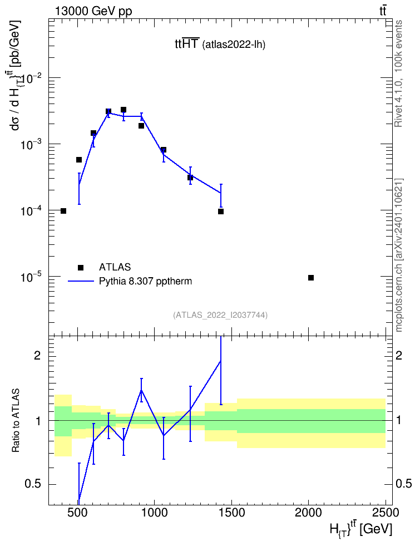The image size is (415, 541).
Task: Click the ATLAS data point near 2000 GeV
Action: pyautogui.click(x=311, y=278)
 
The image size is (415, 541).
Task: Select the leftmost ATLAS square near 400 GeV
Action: pyautogui.click(x=63, y=211)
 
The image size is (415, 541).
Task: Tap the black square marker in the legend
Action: pyautogui.click(x=81, y=267)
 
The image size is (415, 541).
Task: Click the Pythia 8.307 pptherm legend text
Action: pyautogui.click(x=145, y=281)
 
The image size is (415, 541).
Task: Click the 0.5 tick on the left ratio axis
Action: pyautogui.click(x=33, y=484)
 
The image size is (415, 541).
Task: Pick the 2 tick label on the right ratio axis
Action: pyautogui.click(x=399, y=355)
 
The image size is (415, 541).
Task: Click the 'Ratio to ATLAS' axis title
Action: pyautogui.click(x=16, y=420)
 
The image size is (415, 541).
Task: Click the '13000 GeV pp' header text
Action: pyautogui.click(x=93, y=11)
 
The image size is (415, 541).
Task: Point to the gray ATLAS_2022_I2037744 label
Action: pyautogui.click(x=220, y=315)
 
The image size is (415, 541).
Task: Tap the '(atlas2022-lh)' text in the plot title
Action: pyautogui.click(x=234, y=45)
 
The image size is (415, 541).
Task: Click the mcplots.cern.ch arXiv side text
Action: pyautogui.click(x=399, y=255)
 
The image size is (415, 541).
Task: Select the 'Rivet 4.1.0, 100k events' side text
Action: pyautogui.click(x=398, y=73)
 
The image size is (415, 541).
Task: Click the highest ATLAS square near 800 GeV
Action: pyautogui.click(x=123, y=110)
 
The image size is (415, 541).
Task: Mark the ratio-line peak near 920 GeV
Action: pyautogui.click(x=141, y=390)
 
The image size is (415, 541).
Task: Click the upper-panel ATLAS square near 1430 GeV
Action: pyautogui.click(x=221, y=212)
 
